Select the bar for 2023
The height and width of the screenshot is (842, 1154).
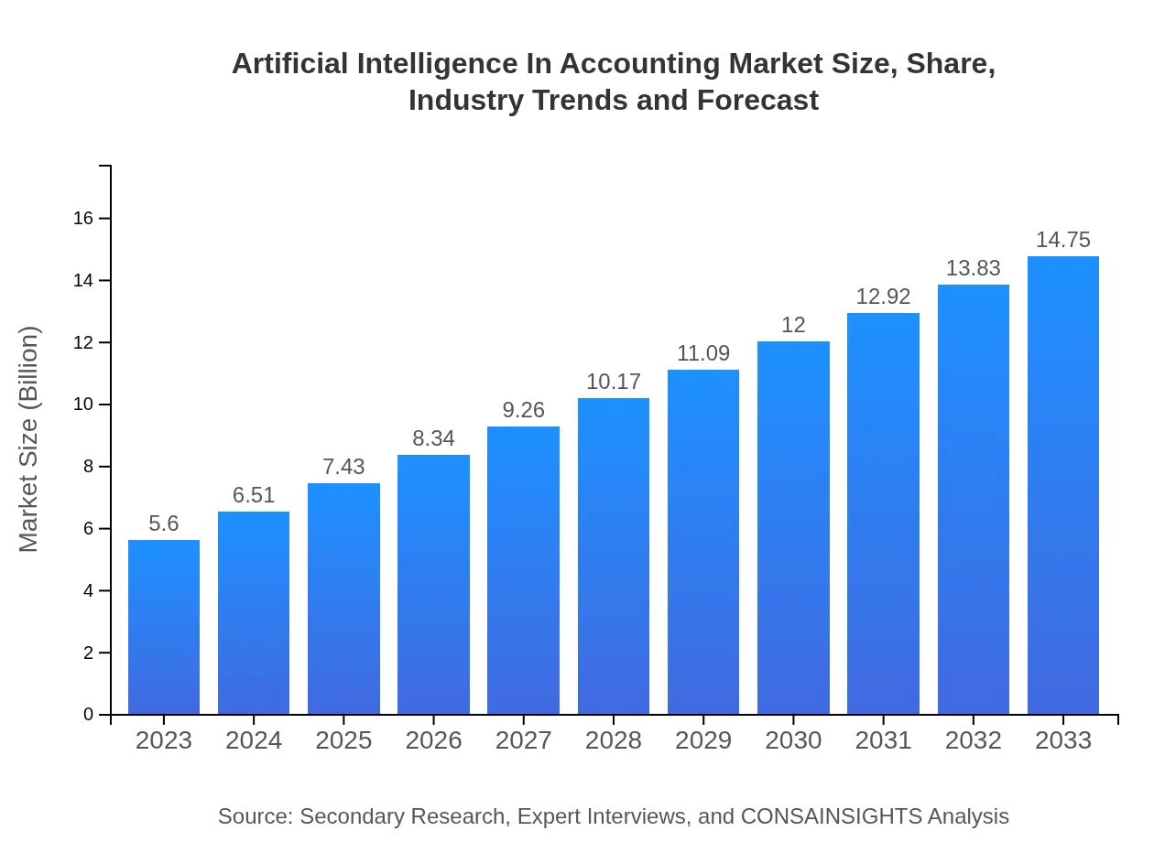tap(164, 627)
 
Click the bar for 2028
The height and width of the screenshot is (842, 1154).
tap(614, 556)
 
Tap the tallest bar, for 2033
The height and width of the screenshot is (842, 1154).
tap(1063, 485)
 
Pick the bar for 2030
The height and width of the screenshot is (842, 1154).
tap(793, 527)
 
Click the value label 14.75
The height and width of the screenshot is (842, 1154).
tap(1063, 240)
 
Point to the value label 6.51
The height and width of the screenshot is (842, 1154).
tap(254, 495)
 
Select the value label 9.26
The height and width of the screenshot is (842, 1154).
tap(524, 410)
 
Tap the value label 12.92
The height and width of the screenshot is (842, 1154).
tap(883, 297)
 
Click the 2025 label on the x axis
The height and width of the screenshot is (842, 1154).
tap(343, 740)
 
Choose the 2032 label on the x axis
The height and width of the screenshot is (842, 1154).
tap(974, 740)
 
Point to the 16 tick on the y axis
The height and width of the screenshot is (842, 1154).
tap(83, 218)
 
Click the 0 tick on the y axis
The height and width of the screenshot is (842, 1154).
tap(89, 715)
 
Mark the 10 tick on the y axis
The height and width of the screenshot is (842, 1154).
tap(83, 405)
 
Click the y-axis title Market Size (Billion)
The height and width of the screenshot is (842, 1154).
tap(29, 439)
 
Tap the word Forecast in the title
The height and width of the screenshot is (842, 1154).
tap(757, 100)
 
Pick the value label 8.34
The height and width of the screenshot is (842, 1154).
tap(433, 438)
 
